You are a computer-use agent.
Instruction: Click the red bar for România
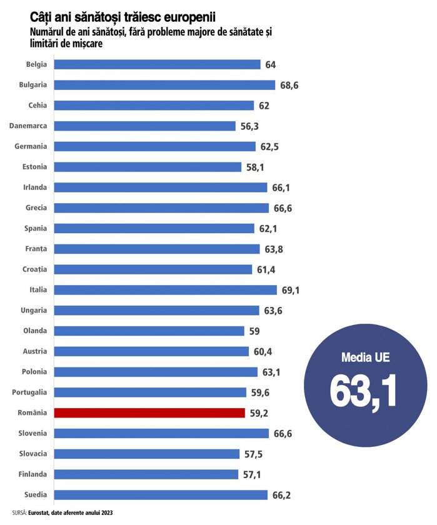click(x=149, y=412)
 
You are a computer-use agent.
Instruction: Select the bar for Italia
click(x=166, y=289)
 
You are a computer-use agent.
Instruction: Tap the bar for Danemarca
click(x=145, y=126)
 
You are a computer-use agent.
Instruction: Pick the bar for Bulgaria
click(x=165, y=84)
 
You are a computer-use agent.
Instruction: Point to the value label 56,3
click(x=250, y=126)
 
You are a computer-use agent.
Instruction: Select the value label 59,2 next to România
click(x=259, y=412)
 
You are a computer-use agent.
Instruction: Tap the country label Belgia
click(x=36, y=64)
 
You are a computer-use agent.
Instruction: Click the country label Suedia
click(x=36, y=495)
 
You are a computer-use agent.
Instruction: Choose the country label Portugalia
click(x=29, y=392)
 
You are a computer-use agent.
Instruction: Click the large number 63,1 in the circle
click(x=363, y=392)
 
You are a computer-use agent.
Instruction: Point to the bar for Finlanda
click(x=146, y=474)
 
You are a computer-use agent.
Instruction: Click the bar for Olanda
click(x=149, y=331)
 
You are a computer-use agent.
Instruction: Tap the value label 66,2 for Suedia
click(x=281, y=495)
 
